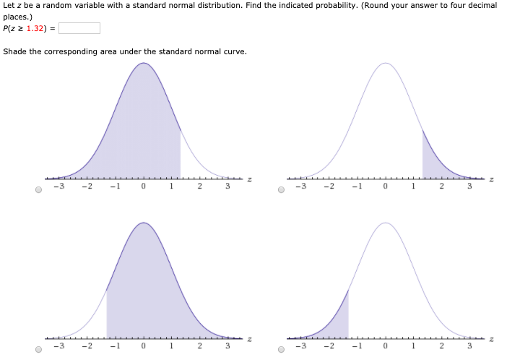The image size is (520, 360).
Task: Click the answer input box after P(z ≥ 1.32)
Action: (x=79, y=29)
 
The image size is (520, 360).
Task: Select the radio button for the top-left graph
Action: (x=38, y=191)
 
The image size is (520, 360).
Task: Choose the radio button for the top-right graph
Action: (x=281, y=191)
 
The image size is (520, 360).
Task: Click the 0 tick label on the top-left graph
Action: (x=144, y=187)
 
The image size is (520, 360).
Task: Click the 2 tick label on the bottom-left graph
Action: (x=199, y=346)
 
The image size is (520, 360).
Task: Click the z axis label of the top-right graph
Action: (x=492, y=179)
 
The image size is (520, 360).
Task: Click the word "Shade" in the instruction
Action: (x=14, y=51)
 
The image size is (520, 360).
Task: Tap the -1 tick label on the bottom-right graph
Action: (x=356, y=346)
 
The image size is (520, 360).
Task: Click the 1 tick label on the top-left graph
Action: (x=172, y=187)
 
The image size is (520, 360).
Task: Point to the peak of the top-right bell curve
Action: (x=386, y=64)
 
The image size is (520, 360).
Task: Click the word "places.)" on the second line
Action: (x=17, y=15)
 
